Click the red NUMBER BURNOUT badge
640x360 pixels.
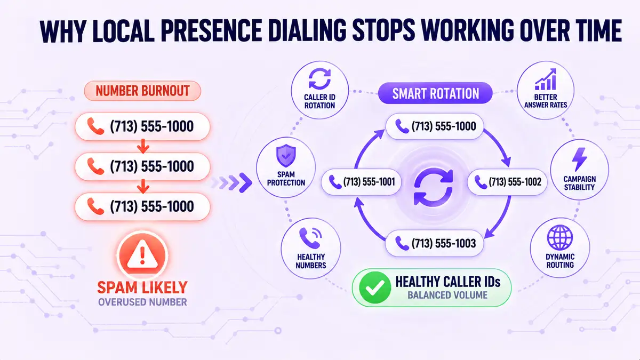pos(142,91)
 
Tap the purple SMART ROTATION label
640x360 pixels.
pos(435,93)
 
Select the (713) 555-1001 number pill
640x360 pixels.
pos(362,182)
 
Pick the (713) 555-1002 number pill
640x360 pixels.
pos(507,182)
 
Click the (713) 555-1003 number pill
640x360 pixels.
pos(434,243)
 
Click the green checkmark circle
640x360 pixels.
pos(375,287)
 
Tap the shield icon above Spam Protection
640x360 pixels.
pos(286,155)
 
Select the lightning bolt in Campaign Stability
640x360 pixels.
pos(579,159)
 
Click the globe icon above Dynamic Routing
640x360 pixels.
pos(559,238)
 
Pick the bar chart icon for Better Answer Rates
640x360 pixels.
pos(546,79)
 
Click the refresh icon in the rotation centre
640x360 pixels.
pos(434,187)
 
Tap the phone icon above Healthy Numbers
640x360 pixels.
pos(310,238)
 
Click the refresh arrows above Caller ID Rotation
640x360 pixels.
pos(319,78)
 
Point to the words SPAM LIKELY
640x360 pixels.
pos(142,287)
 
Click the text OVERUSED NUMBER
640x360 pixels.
pos(142,302)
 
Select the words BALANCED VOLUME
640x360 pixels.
pos(447,295)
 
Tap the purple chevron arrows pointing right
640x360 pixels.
pos(231,182)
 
